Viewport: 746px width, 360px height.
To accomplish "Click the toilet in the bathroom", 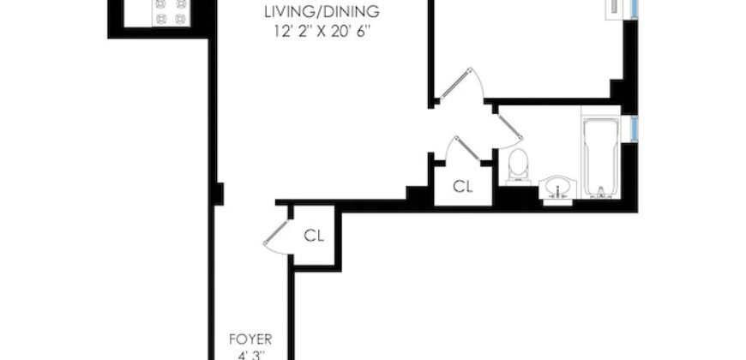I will point(518,165).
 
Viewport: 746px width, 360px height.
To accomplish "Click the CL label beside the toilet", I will point(463,186).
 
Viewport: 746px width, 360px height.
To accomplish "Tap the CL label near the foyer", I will point(314,235).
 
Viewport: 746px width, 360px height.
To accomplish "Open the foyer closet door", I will point(276,233).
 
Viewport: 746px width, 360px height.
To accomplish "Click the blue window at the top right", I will point(634,8).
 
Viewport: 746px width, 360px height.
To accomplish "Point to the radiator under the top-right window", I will point(617,8).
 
